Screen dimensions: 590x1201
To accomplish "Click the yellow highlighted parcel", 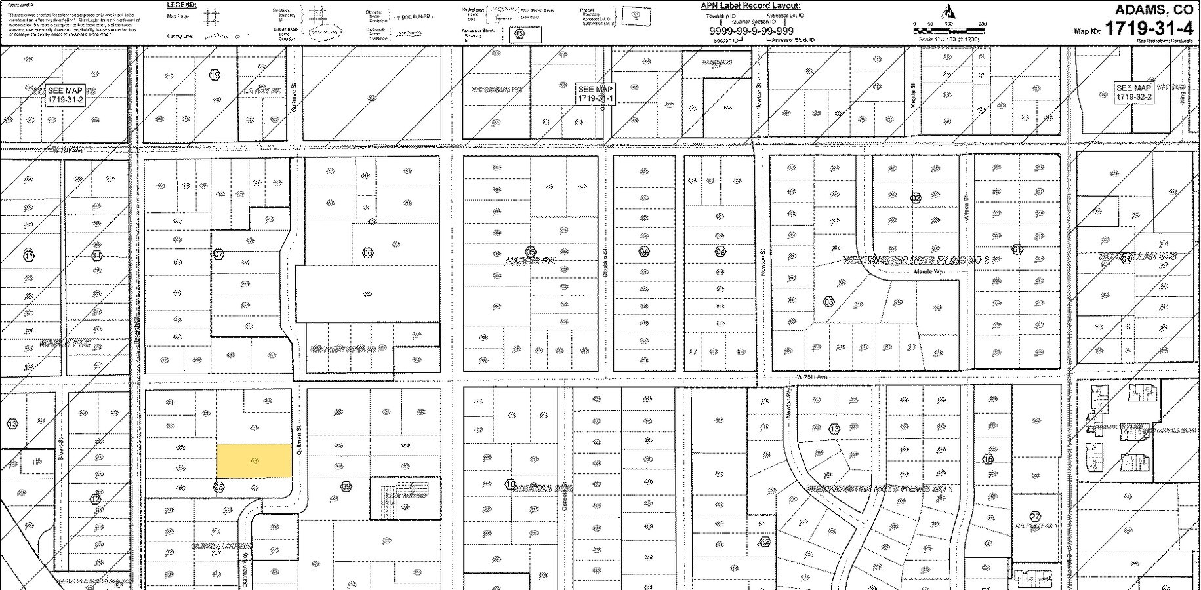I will coord(254,461).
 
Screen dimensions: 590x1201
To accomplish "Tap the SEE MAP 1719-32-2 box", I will coord(1133,92).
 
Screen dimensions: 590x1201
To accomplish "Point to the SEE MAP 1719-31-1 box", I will coord(595,94).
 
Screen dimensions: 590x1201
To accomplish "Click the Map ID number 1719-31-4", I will coord(1149,29).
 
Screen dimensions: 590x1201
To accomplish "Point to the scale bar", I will coord(948,30).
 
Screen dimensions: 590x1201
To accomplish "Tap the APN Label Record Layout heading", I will coord(750,6).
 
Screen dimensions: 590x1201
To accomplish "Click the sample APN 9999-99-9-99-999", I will coord(751,31).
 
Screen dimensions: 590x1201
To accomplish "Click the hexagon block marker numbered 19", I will coord(214,75).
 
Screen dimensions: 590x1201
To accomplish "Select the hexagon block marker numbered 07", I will coord(218,254).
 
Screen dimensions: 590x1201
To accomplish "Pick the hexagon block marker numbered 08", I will coord(218,486).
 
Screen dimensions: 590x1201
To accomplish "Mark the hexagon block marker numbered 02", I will coord(916,198).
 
